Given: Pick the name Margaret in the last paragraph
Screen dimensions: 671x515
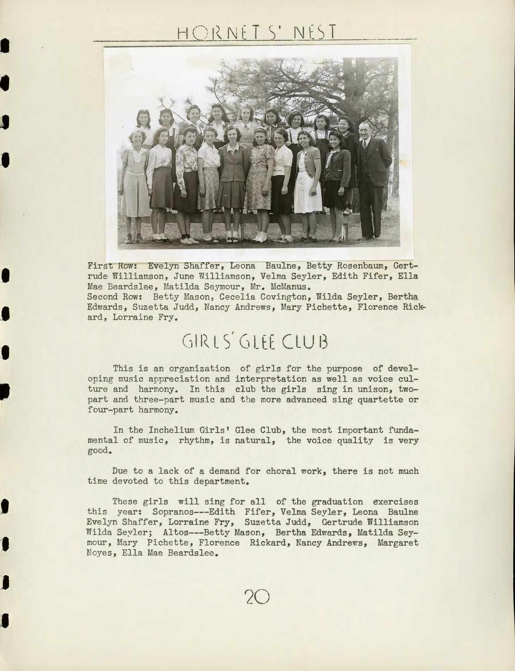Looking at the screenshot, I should pyautogui.click(x=398, y=543).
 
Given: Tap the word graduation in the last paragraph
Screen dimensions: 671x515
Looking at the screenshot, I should pyautogui.click(x=337, y=502).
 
